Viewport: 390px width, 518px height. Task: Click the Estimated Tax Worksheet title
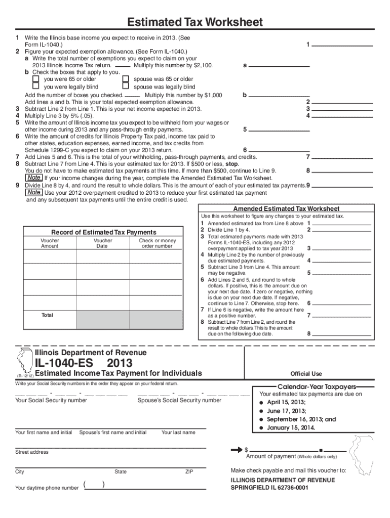click(x=195, y=22)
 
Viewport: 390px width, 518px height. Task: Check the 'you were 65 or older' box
click(x=36, y=79)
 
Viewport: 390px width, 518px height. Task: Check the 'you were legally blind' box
click(x=36, y=87)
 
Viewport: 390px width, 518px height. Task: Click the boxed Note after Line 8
click(x=34, y=178)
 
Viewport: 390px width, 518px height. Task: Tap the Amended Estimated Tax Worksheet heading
click(x=286, y=209)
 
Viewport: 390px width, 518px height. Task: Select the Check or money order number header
click(x=157, y=243)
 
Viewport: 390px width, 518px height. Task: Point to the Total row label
click(x=47, y=315)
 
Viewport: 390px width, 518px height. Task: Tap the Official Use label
click(x=306, y=374)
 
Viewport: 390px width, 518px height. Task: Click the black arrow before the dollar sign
click(x=236, y=449)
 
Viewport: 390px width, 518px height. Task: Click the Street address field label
click(x=32, y=452)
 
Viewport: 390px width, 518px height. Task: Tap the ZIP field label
click(x=189, y=471)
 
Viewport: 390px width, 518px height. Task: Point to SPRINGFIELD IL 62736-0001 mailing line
click(x=269, y=488)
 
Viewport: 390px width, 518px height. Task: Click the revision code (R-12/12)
click(x=25, y=376)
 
